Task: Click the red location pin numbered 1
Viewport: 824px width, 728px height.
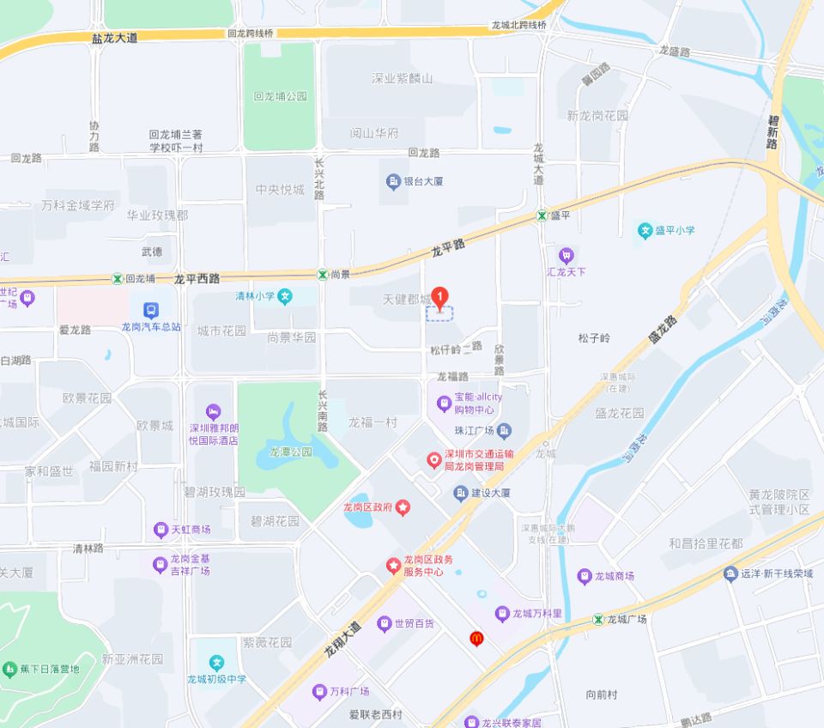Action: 440,298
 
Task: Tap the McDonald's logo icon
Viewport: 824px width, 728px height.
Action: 476,638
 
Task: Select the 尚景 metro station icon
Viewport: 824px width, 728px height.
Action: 322,274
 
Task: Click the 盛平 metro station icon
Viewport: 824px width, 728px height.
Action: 542,215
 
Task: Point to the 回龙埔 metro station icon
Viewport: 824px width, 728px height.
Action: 117,279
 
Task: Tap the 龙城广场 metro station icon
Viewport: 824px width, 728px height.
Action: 598,619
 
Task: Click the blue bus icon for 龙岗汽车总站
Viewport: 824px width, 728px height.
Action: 151,310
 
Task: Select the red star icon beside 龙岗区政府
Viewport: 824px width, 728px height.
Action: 403,507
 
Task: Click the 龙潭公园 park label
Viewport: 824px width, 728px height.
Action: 290,451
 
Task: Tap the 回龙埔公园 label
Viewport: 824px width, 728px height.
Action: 280,96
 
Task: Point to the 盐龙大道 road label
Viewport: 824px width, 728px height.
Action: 115,38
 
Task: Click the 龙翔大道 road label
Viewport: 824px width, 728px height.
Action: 342,640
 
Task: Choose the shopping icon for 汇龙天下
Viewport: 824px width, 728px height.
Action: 566,255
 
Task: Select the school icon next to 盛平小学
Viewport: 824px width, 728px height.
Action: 645,230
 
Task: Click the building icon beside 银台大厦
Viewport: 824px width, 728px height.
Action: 393,181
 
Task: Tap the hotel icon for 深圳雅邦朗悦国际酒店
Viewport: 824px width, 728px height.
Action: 214,412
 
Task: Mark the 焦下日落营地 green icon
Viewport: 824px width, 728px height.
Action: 9,669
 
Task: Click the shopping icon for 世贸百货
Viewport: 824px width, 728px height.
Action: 385,623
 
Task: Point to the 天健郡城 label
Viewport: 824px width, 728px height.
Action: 406,300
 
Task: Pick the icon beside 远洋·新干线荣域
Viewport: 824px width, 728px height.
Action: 730,573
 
